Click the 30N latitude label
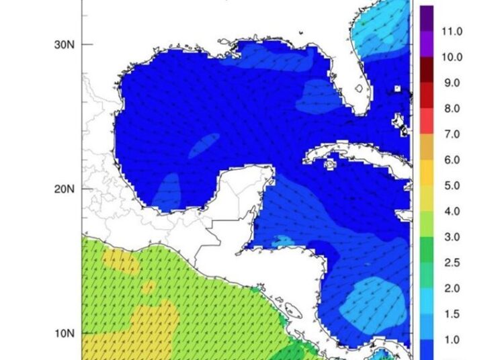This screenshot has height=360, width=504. pos(65,44)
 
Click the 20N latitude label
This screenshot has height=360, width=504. pos(65,189)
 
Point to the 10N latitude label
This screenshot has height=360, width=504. pos(65,334)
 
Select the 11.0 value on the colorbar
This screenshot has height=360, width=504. pos(451,32)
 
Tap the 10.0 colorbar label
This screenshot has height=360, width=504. pos(451,57)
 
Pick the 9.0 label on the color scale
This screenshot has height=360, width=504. pos(451,83)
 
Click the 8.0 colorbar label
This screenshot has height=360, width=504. pos(451,109)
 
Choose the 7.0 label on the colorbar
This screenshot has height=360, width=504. pos(451,134)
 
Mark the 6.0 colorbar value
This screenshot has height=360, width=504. pos(451,161)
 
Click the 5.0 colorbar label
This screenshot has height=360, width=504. pos(451,186)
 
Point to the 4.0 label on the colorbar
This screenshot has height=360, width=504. pos(451,212)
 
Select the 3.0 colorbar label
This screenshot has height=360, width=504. pos(451,237)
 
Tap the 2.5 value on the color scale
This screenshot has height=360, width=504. pos(451,263)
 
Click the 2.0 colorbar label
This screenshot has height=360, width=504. pos(451,289)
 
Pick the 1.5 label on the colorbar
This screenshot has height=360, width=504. pos(451,314)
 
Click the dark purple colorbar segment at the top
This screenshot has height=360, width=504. pos(426,18)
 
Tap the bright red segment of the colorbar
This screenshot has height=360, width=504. pos(426,122)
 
